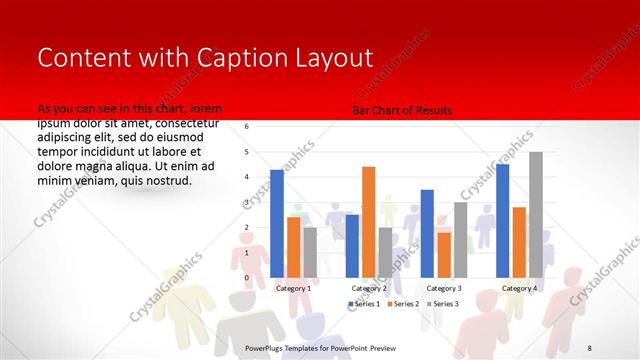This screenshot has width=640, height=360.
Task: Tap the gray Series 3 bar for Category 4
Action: tap(536, 214)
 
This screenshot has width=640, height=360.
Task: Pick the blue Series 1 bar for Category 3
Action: tap(427, 233)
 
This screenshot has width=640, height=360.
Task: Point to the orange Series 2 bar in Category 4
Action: tap(519, 242)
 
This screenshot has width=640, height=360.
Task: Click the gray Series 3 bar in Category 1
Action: tap(310, 252)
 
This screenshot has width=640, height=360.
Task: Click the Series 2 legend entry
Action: tap(403, 303)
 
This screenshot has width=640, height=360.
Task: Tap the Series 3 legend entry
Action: tap(443, 303)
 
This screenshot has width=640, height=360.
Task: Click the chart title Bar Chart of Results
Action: tap(403, 110)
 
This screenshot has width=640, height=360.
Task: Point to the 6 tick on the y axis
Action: tap(247, 127)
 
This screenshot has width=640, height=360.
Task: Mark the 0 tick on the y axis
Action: tap(247, 277)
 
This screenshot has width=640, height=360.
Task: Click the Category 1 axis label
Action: tap(293, 288)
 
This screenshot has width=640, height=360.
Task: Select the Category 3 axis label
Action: tap(443, 288)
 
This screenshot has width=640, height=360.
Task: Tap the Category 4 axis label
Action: tap(518, 288)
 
